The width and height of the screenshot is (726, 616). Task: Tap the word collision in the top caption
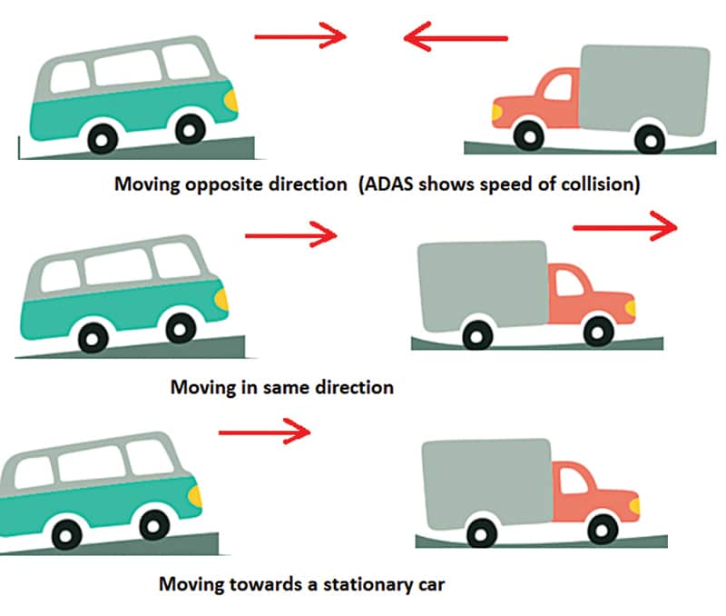coord(597,184)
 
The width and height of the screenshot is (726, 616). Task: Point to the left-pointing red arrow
coord(456,38)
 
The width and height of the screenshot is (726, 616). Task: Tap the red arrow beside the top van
coord(300,37)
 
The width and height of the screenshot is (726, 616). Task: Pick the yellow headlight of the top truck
coord(496,111)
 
